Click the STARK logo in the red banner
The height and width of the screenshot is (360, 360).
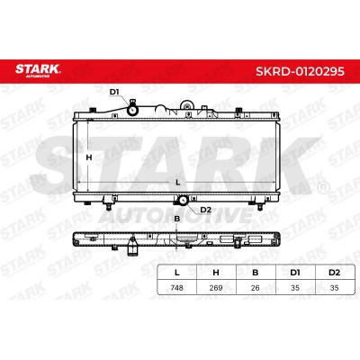click(x=38, y=70)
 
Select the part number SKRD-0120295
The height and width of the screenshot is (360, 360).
click(x=300, y=71)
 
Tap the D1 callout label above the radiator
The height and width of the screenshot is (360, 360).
click(x=114, y=92)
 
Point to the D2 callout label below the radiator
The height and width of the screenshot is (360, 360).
click(x=205, y=210)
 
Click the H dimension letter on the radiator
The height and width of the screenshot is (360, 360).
click(x=89, y=157)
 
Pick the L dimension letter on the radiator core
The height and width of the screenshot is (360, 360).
click(x=178, y=182)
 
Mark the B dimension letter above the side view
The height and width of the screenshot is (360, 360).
click(x=177, y=219)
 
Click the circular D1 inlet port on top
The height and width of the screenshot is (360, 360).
click(x=132, y=110)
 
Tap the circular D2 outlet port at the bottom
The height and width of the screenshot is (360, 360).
click(x=183, y=200)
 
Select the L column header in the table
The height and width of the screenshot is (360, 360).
click(x=177, y=273)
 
